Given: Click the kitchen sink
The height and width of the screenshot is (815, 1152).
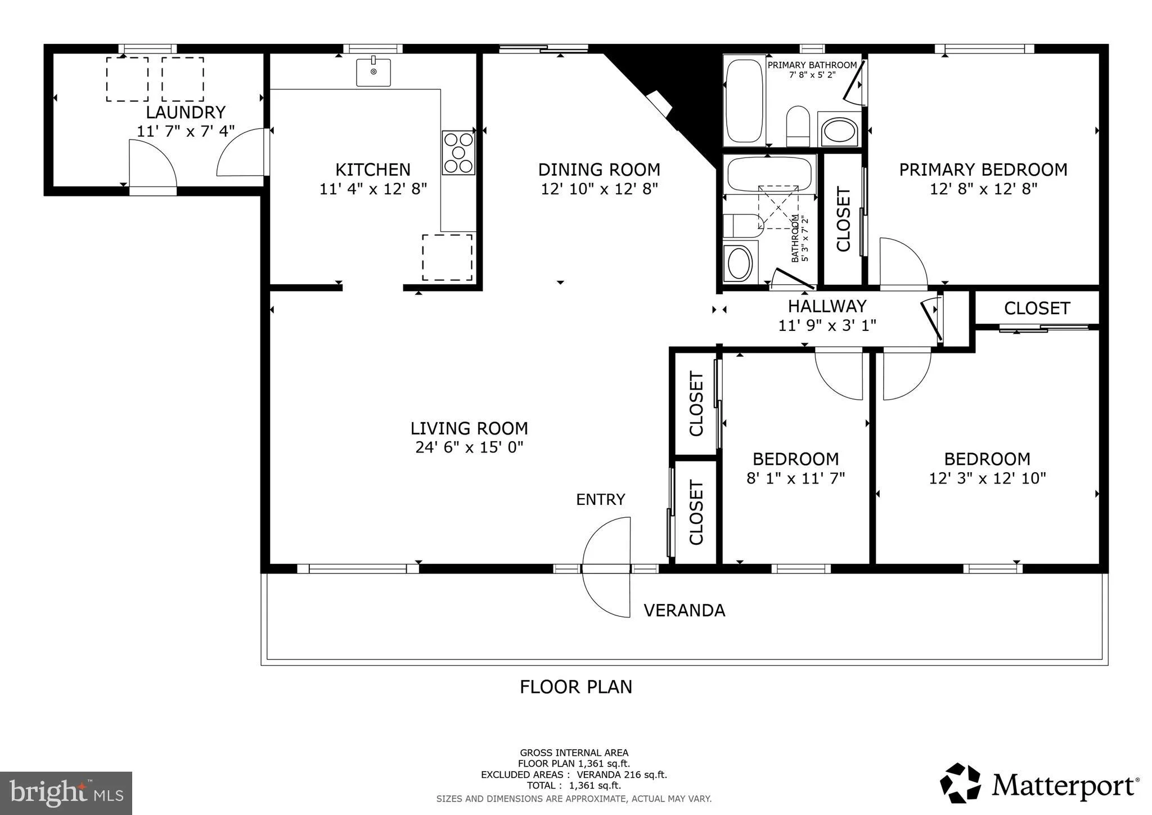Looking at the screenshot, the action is click(373, 71).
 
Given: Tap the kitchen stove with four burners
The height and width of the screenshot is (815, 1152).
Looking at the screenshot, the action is click(458, 153).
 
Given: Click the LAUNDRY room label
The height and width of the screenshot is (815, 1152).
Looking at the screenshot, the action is click(186, 112).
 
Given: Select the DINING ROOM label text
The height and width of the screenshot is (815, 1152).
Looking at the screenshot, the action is click(599, 169).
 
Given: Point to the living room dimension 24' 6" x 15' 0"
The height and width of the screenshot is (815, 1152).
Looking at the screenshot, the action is click(470, 447).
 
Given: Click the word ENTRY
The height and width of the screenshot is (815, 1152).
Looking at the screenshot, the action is click(600, 499).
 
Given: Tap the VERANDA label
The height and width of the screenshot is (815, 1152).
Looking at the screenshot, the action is click(684, 610).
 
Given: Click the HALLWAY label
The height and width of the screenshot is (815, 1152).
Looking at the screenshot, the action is click(827, 306).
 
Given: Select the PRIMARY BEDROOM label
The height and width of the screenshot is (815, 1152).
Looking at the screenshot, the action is click(983, 169).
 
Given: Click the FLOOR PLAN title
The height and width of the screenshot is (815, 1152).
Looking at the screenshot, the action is click(576, 687).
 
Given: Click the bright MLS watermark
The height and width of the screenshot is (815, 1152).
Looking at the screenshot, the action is click(66, 792).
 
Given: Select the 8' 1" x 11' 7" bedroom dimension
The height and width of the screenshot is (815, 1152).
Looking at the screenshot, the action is click(795, 478).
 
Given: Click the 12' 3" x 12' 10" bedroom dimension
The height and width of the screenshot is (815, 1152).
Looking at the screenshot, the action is click(987, 478).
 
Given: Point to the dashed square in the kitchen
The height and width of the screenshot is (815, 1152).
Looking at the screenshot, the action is click(447, 257).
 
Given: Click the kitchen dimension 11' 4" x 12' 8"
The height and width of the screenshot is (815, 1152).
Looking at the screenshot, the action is click(373, 189).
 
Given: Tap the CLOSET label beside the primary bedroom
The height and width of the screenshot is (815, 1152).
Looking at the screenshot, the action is click(843, 220).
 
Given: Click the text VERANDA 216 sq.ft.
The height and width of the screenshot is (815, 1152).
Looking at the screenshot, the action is click(622, 774).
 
